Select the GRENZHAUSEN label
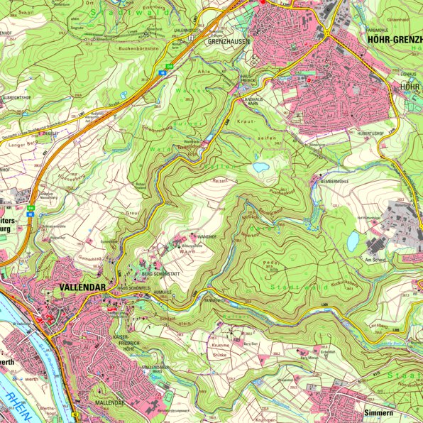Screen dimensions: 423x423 click(x=226, y=41)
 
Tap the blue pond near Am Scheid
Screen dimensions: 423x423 click(x=353, y=241)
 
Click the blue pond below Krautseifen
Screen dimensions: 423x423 click(x=261, y=167)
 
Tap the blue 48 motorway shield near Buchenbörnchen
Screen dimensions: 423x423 click(x=163, y=72)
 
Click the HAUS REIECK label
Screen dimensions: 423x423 click(x=246, y=77)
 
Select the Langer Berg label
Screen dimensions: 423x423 click(x=21, y=144)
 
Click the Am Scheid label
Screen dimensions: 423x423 click(x=374, y=260)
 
